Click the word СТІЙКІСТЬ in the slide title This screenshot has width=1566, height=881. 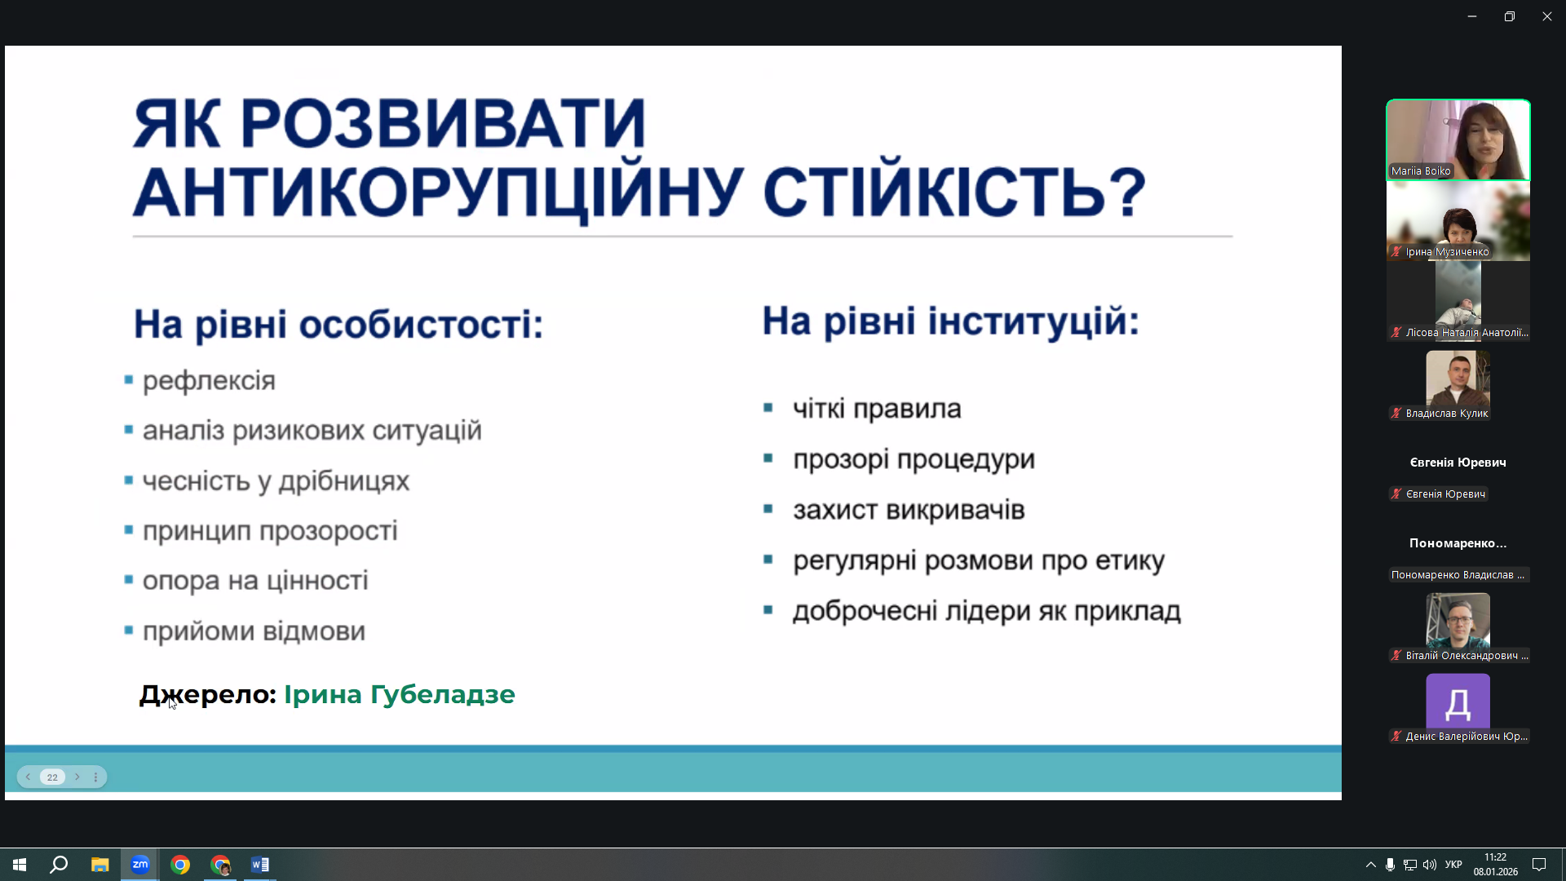pos(954,193)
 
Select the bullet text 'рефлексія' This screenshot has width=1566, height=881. pos(209,381)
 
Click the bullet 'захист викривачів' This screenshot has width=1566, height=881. pos(909,510)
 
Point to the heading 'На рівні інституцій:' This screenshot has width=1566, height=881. pos(950,321)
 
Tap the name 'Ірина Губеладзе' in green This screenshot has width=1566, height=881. pos(399,694)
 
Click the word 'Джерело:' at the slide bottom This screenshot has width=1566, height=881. pos(209,694)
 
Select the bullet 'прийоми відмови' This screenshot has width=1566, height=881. pos(254,631)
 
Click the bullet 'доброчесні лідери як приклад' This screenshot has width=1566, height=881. pos(986,611)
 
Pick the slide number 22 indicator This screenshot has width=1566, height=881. pos(52,777)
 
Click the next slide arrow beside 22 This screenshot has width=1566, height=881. pos(77,777)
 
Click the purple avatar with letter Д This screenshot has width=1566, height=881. pos(1458,702)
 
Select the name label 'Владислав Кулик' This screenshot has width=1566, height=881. pos(1446,414)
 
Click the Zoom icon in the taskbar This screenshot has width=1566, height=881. pos(139,865)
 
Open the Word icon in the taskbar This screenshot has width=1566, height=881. pos(259,865)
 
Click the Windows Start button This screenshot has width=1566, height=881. pos(20,865)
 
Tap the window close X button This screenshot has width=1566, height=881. pos(1546,16)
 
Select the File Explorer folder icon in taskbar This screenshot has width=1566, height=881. pos(100,865)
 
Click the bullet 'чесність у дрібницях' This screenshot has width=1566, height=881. pos(276,481)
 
